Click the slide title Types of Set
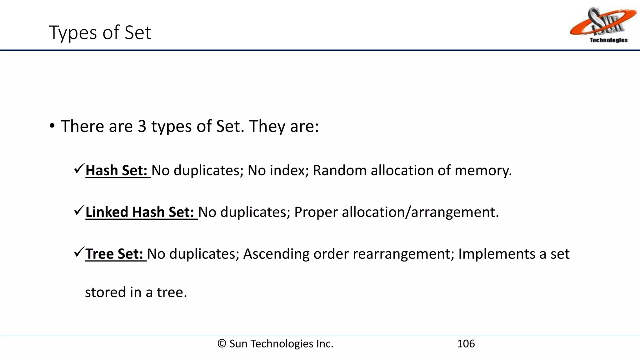(x=100, y=32)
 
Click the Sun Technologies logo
(x=603, y=25)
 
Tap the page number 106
(x=466, y=344)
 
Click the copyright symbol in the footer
(x=222, y=344)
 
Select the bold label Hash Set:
(x=117, y=171)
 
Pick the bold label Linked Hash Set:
(x=140, y=212)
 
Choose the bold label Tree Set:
(x=114, y=254)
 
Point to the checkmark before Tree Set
(x=79, y=252)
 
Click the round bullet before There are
(x=52, y=126)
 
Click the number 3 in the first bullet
(x=142, y=126)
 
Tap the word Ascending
(x=276, y=254)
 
